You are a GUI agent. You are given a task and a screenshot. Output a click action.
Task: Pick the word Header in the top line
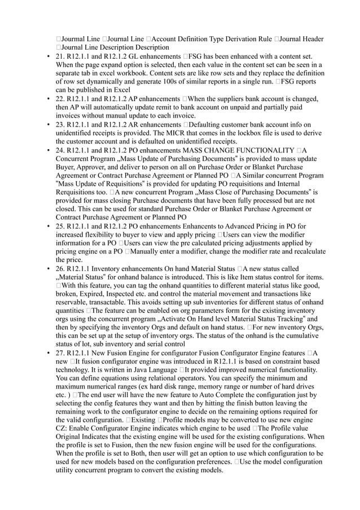(x=311, y=38)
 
